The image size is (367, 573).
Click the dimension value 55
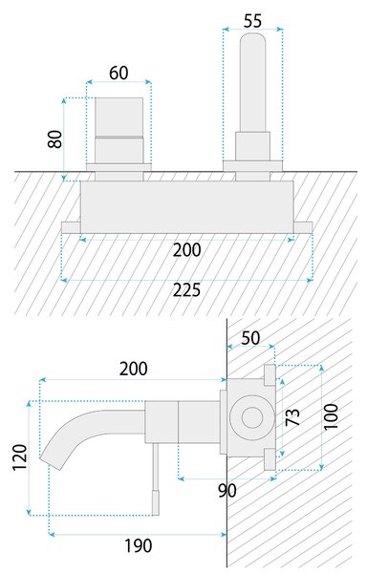[x=252, y=21]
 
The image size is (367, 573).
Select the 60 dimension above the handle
[x=119, y=73]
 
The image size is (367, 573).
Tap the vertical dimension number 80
[x=55, y=138]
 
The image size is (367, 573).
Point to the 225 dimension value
[x=186, y=290]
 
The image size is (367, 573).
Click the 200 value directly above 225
[x=186, y=250]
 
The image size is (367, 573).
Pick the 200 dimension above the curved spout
[x=134, y=369]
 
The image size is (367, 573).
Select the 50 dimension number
[x=250, y=338]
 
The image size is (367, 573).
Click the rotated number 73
[x=292, y=416]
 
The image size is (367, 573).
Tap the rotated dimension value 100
[x=332, y=416]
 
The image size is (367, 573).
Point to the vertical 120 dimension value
[x=20, y=457]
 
